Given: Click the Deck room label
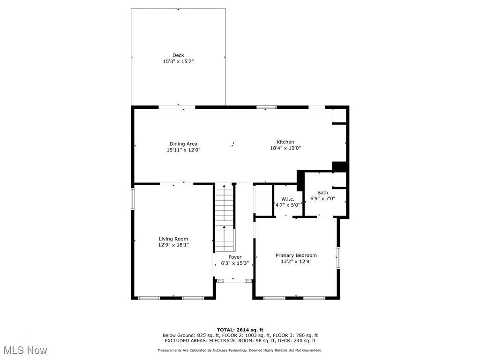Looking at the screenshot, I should [178, 55].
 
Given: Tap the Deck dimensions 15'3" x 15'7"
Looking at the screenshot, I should [178, 61].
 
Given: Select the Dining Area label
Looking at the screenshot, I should [183, 144].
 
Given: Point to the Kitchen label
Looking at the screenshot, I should [285, 142].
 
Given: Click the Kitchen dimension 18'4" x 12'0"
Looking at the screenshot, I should [285, 148].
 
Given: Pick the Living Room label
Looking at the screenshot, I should [173, 239].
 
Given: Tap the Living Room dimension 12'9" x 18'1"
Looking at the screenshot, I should [173, 245].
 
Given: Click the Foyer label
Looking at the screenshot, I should [235, 257].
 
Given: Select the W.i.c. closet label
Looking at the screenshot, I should [287, 199].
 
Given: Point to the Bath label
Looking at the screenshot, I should [322, 193].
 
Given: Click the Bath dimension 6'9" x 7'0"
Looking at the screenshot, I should [322, 199].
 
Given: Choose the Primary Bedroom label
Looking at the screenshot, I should [296, 255].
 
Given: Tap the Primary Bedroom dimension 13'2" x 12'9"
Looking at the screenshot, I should [296, 262].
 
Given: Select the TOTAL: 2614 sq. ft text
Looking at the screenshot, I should [240, 330].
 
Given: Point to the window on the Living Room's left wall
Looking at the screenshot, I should [133, 198].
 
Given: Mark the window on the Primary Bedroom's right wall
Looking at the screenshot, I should [337, 258].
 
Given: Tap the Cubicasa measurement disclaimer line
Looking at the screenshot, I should [240, 350].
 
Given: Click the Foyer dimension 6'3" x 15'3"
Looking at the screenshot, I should [235, 263].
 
